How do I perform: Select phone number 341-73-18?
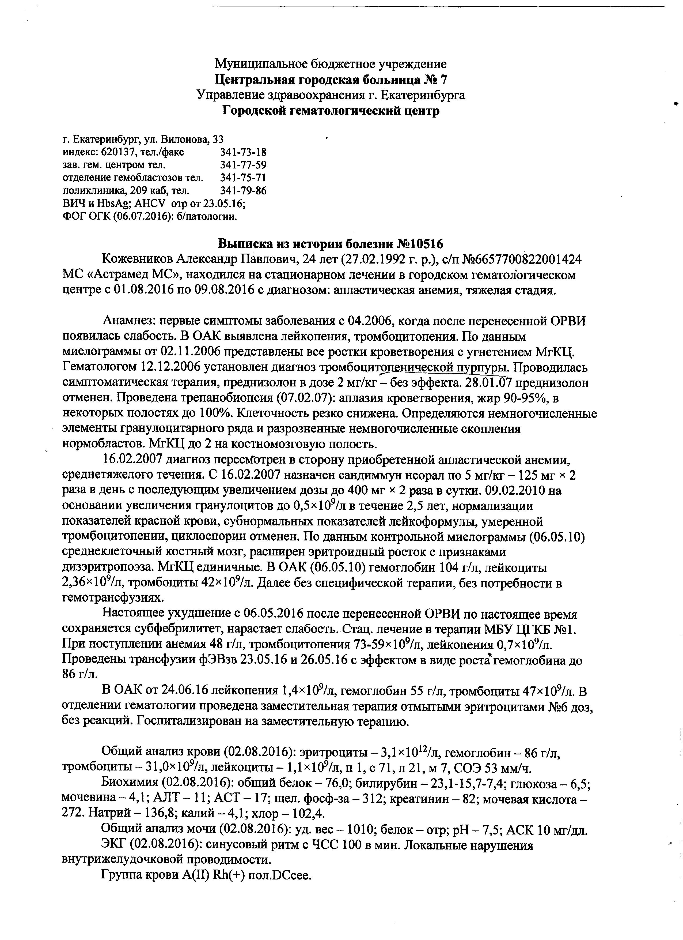coord(243,152)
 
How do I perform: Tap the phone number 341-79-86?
coord(243,191)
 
